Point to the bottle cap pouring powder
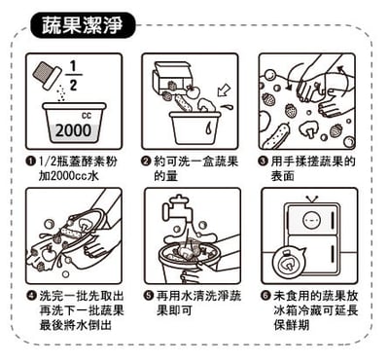coord(47,69)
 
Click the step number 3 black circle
coord(263,160)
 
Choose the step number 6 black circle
coord(263,295)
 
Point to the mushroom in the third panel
coord(308,125)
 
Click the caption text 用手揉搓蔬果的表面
coord(313,167)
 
